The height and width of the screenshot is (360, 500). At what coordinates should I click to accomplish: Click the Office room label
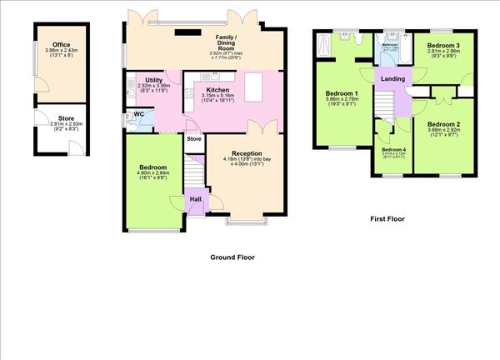pyautogui.click(x=60, y=45)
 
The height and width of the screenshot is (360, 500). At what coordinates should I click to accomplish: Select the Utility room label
pyautogui.click(x=153, y=80)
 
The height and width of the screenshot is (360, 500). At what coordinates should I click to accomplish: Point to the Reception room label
pyautogui.click(x=247, y=153)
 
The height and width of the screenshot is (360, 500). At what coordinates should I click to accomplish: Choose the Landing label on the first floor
pyautogui.click(x=392, y=78)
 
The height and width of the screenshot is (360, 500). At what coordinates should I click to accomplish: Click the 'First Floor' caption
pyautogui.click(x=387, y=219)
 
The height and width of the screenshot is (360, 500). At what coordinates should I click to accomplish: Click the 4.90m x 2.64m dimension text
pyautogui.click(x=153, y=174)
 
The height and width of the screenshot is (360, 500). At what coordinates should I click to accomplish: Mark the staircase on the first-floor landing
pyautogui.click(x=382, y=104)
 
